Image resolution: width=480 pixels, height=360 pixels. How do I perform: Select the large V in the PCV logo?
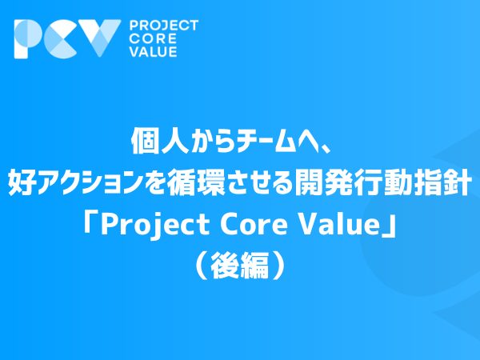(100, 38)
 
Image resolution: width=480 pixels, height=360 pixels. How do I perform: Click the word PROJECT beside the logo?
(164, 26)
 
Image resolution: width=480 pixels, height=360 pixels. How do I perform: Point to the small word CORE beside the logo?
(153, 39)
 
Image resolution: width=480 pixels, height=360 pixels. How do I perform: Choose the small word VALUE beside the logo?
(153, 52)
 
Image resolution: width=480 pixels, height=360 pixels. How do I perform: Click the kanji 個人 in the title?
(159, 141)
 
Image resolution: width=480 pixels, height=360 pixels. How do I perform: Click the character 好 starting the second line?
(22, 182)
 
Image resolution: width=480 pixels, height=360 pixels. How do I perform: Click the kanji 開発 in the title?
(322, 182)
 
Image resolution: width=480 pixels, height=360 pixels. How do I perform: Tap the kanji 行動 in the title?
(382, 182)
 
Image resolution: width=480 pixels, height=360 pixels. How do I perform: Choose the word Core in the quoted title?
(254, 225)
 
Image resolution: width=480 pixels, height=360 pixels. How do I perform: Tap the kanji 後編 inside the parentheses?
(240, 265)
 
